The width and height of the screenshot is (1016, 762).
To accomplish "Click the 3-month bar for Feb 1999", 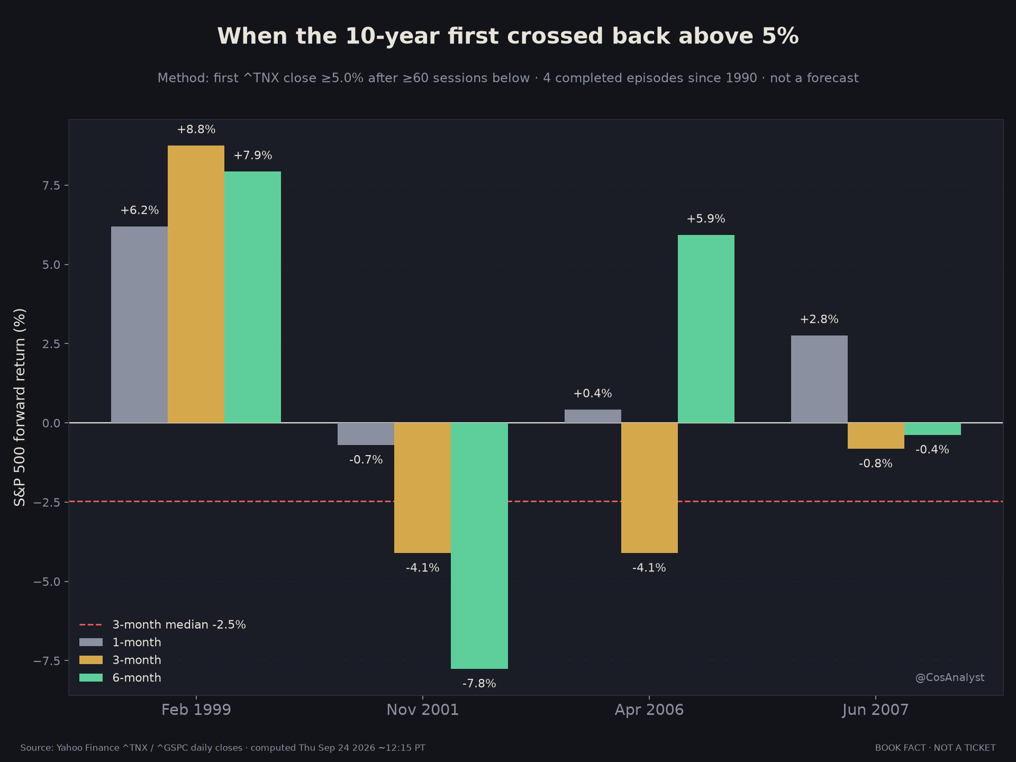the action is point(196,284).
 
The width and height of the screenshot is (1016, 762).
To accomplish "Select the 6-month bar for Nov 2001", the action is point(479,546).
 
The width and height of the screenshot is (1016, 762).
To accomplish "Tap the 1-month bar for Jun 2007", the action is point(819,379).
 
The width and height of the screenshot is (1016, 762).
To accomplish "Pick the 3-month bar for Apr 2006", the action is point(649,488).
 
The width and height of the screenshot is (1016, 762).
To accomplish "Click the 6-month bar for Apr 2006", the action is point(706,329).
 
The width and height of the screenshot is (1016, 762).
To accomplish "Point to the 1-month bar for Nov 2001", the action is point(366,434).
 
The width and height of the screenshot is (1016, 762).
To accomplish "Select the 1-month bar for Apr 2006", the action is point(593,416).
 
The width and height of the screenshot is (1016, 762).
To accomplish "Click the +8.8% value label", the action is point(196,130).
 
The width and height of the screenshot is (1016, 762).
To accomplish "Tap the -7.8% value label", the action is point(479,684).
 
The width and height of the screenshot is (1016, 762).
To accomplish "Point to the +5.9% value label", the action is point(706,219).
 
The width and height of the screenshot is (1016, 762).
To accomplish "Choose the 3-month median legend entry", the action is point(163,625).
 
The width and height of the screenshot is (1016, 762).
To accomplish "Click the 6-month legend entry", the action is point(121,678).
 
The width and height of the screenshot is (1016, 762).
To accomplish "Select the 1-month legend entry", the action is point(121,642).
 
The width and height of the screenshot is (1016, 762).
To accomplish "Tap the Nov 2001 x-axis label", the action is point(423,710).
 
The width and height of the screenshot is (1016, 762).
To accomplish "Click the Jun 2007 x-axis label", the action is point(876,710).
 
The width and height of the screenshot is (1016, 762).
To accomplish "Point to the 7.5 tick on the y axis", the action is point(51,185).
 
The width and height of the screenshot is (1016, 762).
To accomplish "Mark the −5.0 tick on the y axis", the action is point(47,582).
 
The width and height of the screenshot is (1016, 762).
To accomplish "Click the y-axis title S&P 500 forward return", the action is point(20,407).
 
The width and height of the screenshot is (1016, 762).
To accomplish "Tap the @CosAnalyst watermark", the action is point(950,678).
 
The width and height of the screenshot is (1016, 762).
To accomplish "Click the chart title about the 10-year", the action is point(508,37).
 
